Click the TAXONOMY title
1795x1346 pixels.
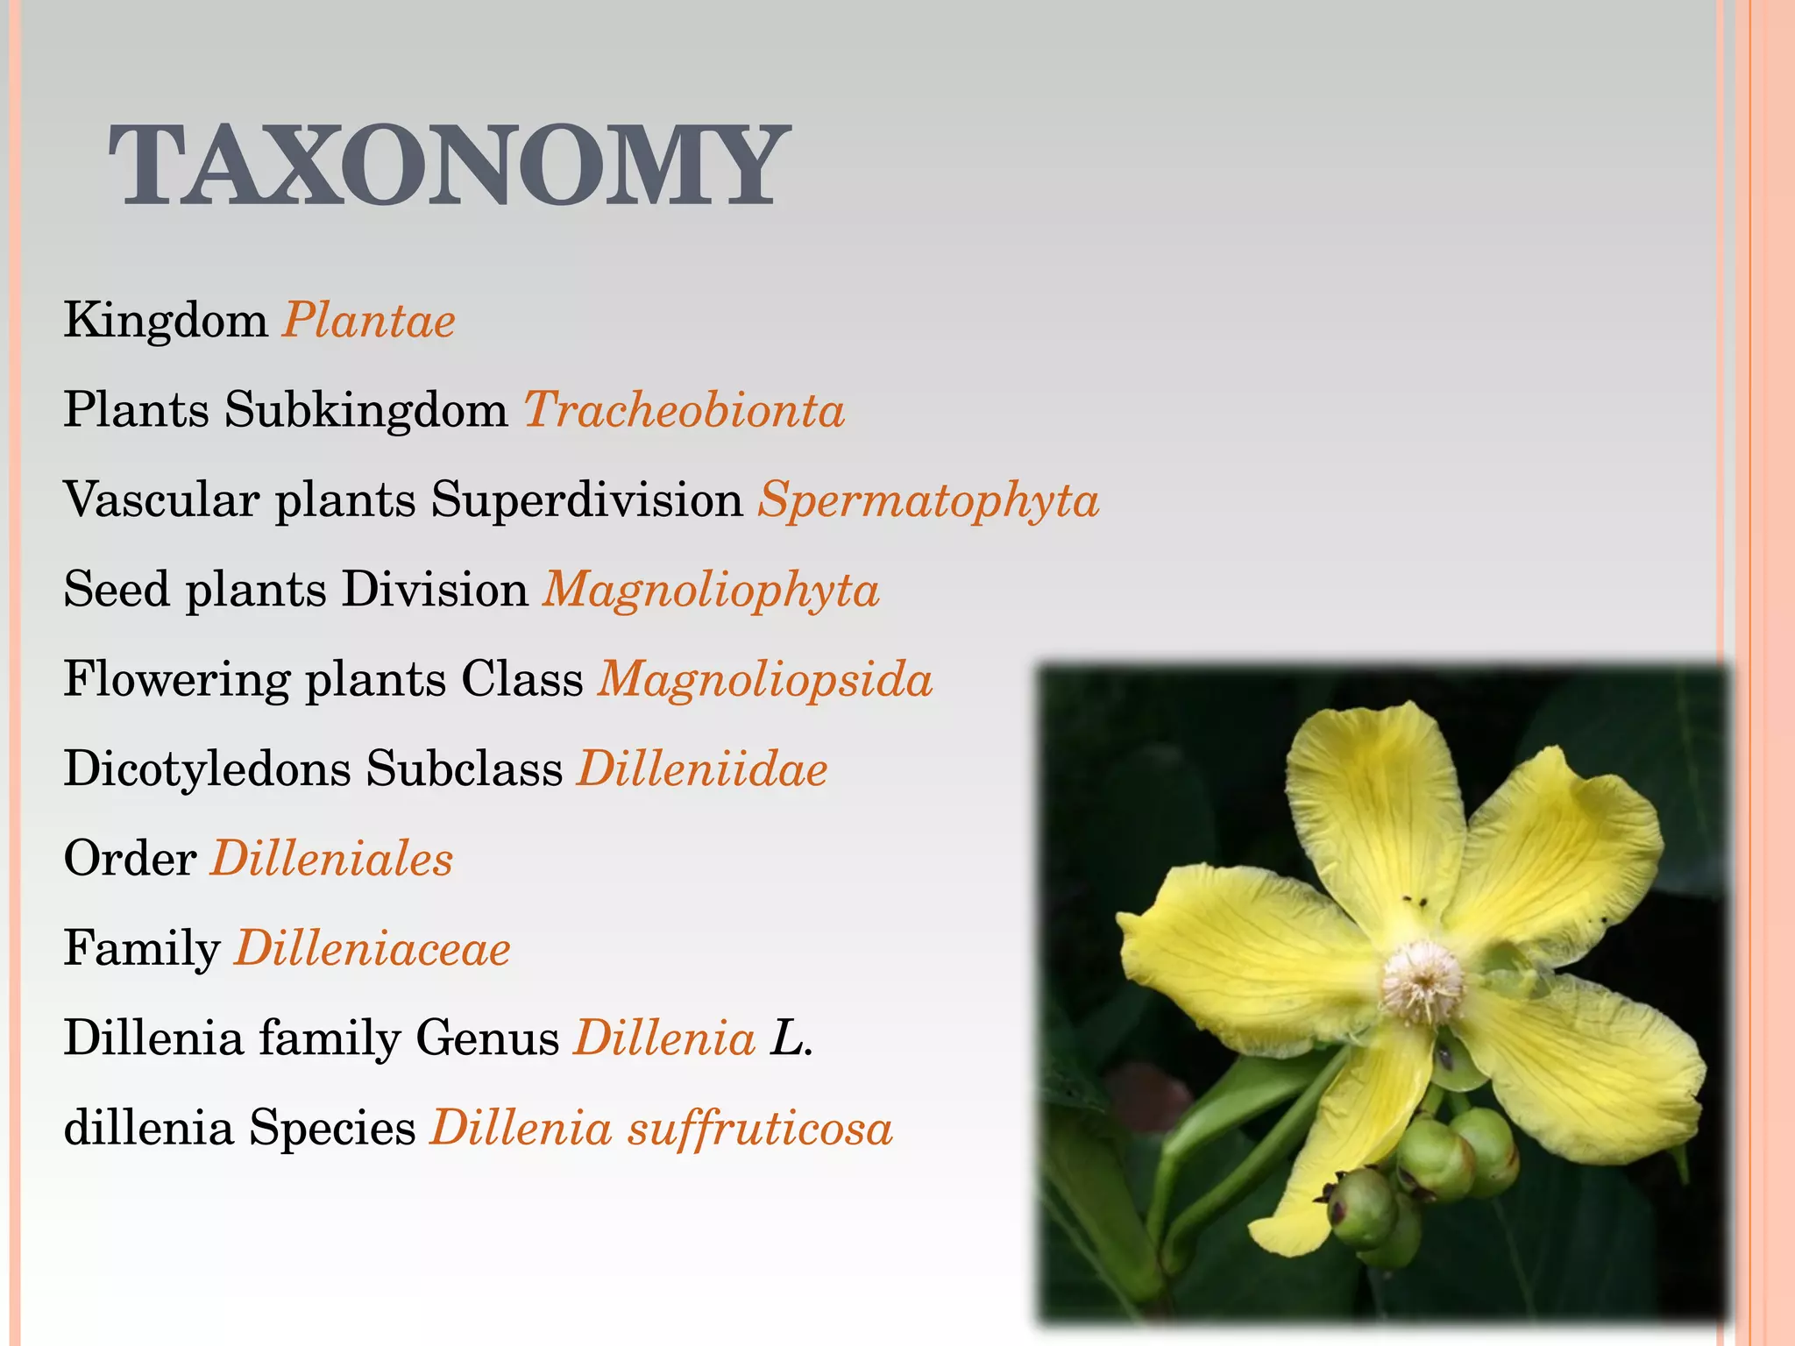click(x=449, y=166)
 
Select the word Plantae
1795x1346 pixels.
click(x=368, y=321)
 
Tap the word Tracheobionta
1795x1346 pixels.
click(x=685, y=410)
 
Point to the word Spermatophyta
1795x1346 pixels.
click(x=928, y=500)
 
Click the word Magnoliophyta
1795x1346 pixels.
click(x=711, y=590)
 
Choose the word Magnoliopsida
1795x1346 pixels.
click(x=765, y=680)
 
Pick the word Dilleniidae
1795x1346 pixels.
click(x=702, y=769)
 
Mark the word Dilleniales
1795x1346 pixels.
click(x=331, y=859)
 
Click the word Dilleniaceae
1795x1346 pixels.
click(x=372, y=949)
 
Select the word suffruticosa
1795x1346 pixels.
click(x=760, y=1128)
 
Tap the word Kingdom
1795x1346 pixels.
click(x=166, y=321)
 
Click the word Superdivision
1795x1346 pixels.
click(x=587, y=500)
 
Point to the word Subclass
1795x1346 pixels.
click(x=465, y=769)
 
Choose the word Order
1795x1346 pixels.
click(x=130, y=859)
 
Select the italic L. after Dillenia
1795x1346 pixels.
click(x=791, y=1038)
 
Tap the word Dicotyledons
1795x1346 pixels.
click(x=207, y=769)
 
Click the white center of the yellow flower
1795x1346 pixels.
click(x=1423, y=979)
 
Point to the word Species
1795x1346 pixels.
click(x=332, y=1128)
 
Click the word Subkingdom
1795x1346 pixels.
click(x=366, y=410)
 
